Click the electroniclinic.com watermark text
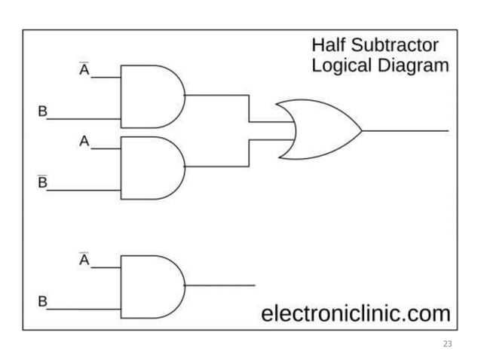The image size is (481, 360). coord(355,313)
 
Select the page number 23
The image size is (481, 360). coord(448,343)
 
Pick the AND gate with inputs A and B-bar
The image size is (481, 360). coord(152,167)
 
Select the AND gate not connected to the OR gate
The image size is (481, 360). coord(152,285)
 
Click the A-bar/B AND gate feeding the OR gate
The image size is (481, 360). coord(152,96)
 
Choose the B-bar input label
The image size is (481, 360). coord(43,182)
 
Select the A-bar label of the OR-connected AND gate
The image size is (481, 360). coord(84,69)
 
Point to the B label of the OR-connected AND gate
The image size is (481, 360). coord(43,111)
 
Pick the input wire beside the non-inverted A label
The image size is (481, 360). coord(106,148)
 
